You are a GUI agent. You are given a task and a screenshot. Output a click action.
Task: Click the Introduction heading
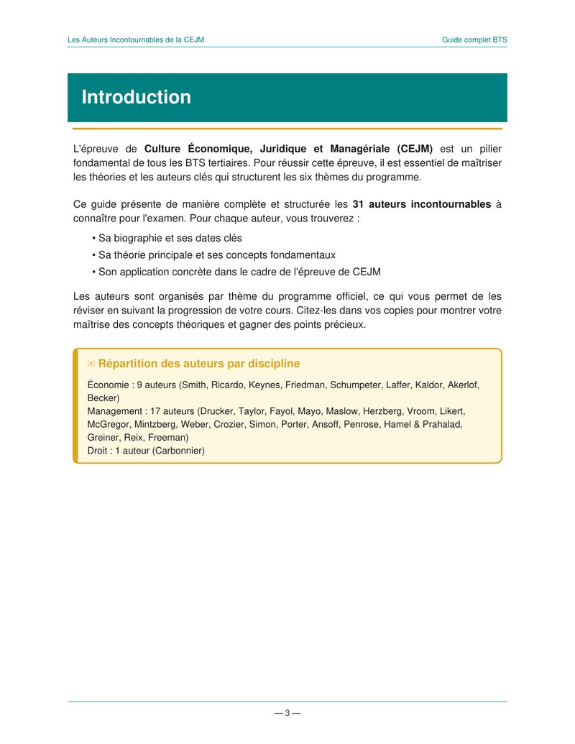tap(136, 98)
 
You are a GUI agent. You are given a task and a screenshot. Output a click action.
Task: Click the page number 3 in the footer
tap(287, 713)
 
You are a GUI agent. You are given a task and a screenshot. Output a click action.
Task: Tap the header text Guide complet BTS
tap(474, 40)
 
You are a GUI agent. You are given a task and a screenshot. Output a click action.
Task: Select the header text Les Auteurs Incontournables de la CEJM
tap(136, 40)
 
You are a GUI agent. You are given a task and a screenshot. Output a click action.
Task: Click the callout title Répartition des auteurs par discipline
tap(198, 364)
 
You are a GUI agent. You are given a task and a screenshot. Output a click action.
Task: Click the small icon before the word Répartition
tap(91, 364)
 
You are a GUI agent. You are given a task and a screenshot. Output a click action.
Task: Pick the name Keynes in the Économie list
tap(263, 385)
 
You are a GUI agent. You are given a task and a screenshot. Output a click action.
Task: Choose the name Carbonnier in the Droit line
tap(178, 451)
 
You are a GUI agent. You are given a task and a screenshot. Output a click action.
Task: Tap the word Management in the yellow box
tap(115, 411)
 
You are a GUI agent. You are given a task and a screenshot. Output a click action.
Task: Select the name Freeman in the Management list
tap(168, 437)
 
